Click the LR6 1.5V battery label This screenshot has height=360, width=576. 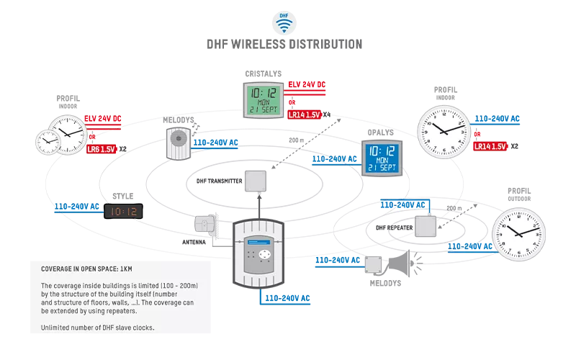pos(101,150)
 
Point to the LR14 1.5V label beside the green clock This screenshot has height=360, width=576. pos(304,114)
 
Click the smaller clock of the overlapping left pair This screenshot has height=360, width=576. pos(47,141)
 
